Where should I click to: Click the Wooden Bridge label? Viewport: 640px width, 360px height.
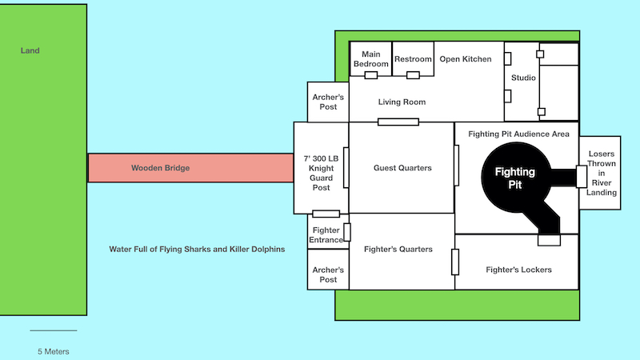(x=161, y=169)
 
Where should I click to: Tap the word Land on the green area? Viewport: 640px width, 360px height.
(x=30, y=51)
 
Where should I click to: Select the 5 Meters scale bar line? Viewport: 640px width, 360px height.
(x=54, y=330)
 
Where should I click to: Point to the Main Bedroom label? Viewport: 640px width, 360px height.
(x=371, y=59)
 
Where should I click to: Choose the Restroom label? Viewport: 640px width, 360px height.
(x=413, y=59)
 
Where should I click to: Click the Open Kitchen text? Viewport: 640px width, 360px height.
(x=466, y=59)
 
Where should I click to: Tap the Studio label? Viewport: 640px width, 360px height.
(x=523, y=78)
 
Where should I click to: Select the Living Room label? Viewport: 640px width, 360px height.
(x=402, y=102)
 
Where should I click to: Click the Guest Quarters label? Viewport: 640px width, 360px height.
(x=402, y=168)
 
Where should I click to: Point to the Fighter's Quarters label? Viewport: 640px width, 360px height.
(x=398, y=250)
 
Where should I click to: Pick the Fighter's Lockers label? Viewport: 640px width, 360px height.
(x=518, y=270)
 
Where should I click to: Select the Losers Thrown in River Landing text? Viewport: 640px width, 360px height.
(x=601, y=173)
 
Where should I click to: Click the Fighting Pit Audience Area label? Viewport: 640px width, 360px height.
(x=518, y=134)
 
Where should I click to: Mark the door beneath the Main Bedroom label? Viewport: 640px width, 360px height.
(x=371, y=76)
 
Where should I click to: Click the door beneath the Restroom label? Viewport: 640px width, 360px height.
(x=413, y=76)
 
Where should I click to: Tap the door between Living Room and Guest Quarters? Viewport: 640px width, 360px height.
(x=398, y=122)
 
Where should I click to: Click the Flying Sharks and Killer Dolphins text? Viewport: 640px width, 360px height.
(x=197, y=250)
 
